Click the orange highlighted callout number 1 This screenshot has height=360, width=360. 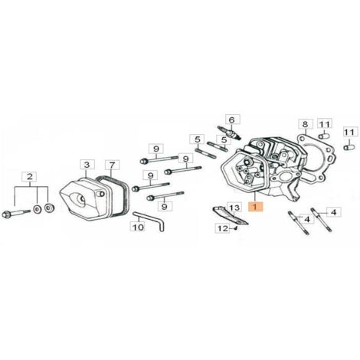(x=254, y=207)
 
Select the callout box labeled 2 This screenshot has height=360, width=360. (x=30, y=177)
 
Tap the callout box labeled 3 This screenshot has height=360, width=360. (x=87, y=165)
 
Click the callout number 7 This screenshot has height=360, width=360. (x=113, y=165)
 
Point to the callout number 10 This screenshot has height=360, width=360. (x=138, y=227)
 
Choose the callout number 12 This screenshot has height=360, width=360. (x=223, y=228)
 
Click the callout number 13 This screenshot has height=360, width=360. (x=234, y=208)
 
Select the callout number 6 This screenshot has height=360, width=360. (x=231, y=120)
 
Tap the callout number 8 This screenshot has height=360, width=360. (x=306, y=124)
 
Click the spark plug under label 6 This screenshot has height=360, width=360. (x=229, y=133)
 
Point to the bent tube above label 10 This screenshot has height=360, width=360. (x=149, y=220)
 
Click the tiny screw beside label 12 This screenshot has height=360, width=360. (x=237, y=228)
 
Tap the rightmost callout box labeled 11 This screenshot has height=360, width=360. (x=349, y=133)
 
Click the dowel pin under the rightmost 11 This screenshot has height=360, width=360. (x=349, y=148)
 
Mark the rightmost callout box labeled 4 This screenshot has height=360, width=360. (x=334, y=212)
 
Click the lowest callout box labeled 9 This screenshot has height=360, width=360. (x=165, y=206)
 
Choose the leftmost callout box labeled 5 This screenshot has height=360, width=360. (x=198, y=139)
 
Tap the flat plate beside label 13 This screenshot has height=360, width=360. (x=230, y=216)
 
